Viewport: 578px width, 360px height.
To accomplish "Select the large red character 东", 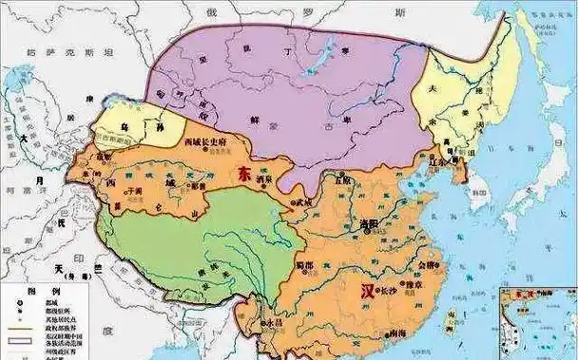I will (244, 175).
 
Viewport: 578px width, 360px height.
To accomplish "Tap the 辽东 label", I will (438, 162).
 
